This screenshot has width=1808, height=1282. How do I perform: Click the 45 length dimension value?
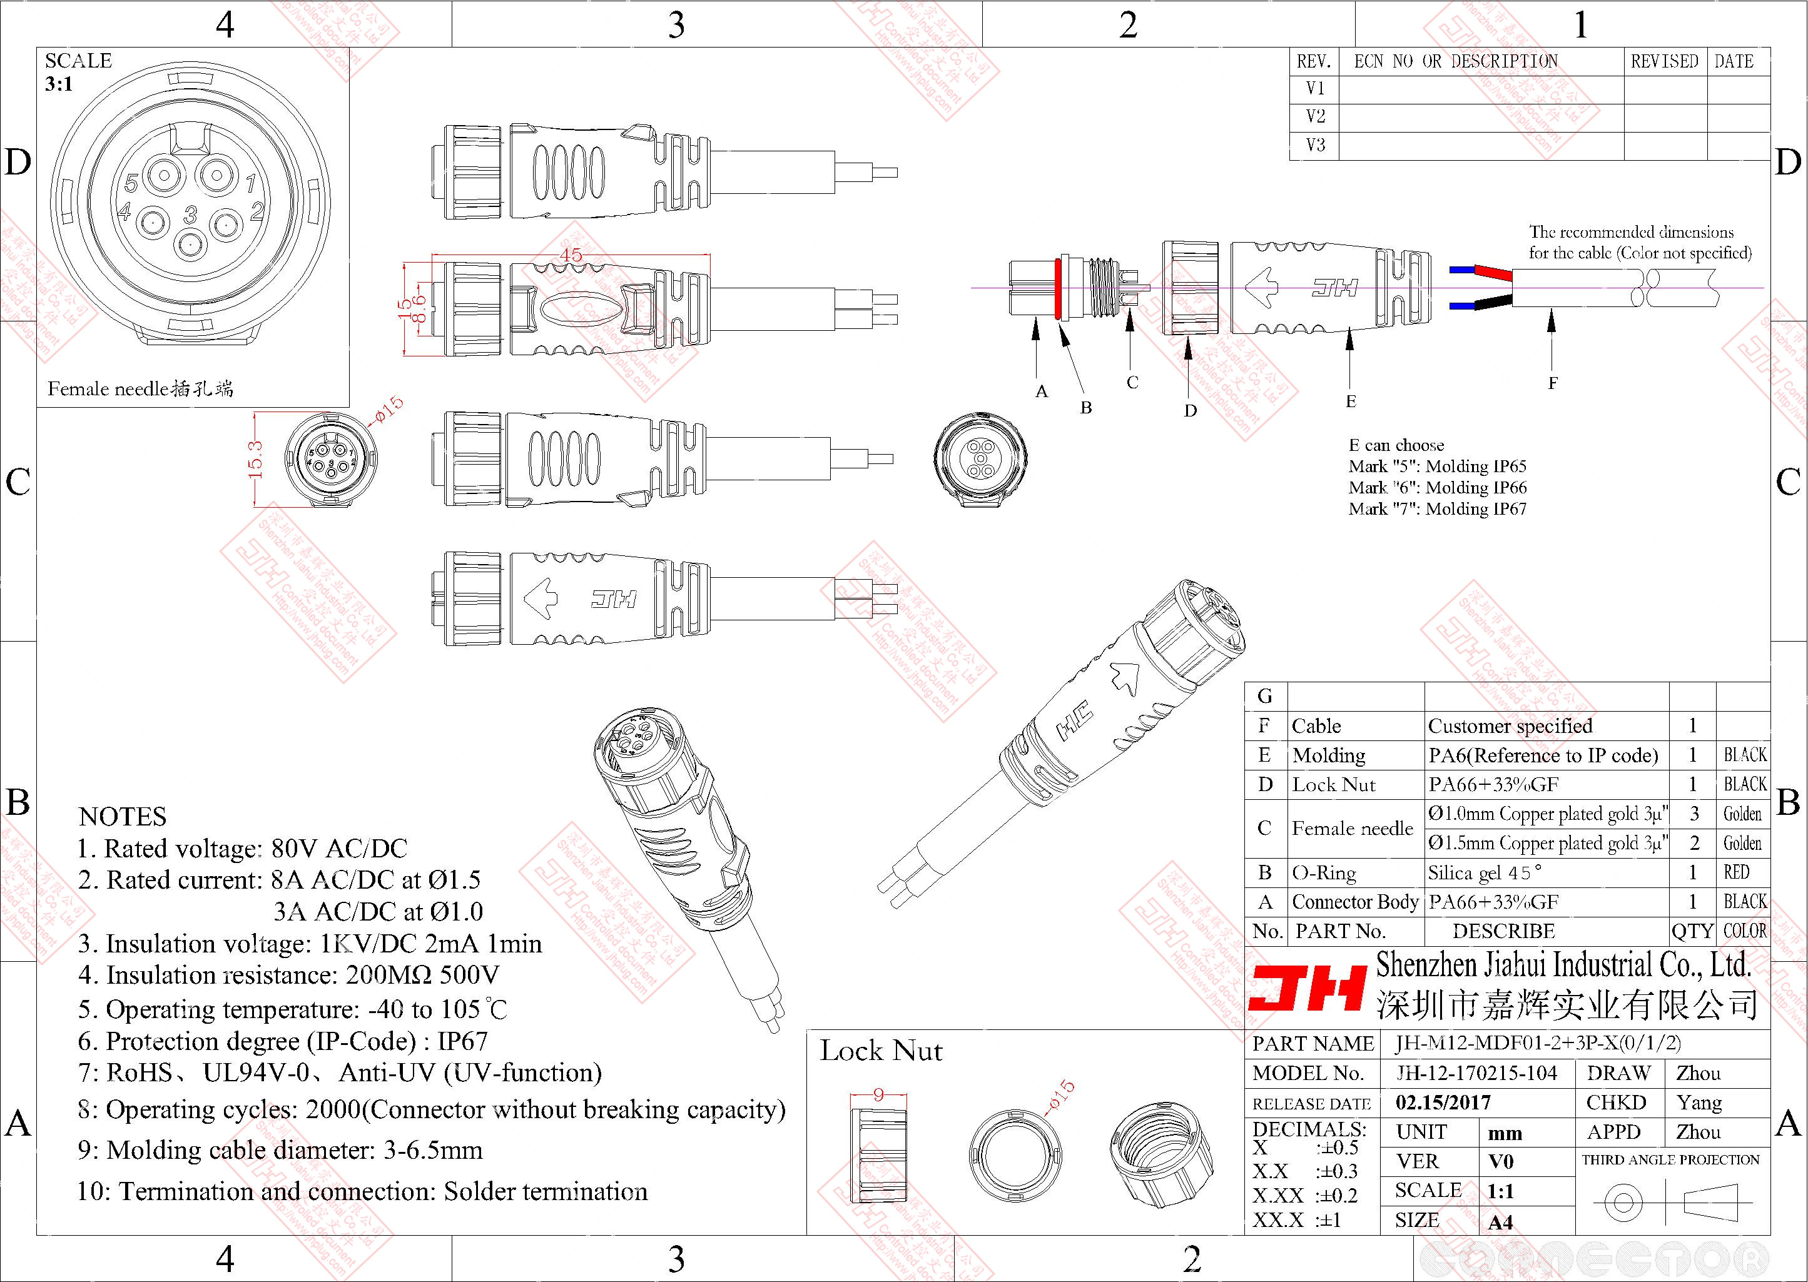(570, 254)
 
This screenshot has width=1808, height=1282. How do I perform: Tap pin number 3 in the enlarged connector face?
(190, 214)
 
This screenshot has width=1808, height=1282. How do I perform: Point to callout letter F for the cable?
(1552, 383)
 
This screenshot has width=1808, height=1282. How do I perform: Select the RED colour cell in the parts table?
(1736, 872)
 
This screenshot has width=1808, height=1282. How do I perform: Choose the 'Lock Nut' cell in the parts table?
(1334, 785)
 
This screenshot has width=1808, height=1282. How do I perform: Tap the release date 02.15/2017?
(1443, 1103)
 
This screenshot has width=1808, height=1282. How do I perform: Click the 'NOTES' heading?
(123, 816)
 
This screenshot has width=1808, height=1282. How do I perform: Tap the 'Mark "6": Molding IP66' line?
(1437, 488)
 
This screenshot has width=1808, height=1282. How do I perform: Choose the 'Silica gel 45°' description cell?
(1485, 873)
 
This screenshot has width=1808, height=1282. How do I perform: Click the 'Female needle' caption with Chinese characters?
(141, 388)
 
